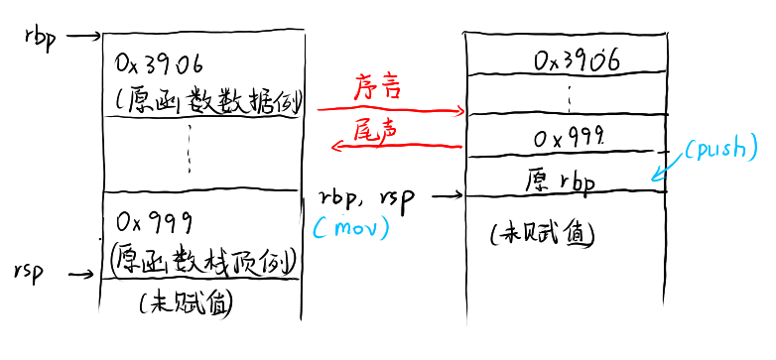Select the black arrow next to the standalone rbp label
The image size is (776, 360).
[81, 37]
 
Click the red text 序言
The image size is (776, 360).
[377, 88]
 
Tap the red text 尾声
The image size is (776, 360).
[374, 128]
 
